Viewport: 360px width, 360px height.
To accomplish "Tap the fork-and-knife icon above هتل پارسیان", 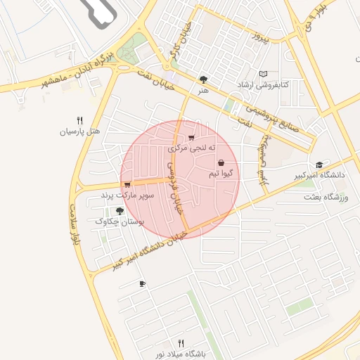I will tap(79, 120).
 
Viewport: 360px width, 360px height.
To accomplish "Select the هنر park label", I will tap(203, 90).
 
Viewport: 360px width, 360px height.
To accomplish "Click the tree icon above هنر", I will tap(203, 79).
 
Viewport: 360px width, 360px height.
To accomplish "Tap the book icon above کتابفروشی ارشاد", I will tap(263, 73).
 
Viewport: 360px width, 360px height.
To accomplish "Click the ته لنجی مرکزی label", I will tap(191, 149).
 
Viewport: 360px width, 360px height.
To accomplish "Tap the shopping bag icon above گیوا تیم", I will tap(221, 162).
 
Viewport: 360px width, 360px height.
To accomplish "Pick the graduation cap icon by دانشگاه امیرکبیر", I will tap(320, 164).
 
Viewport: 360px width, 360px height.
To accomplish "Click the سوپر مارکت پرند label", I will tap(127, 194).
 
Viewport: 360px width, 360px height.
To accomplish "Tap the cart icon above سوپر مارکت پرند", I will tap(127, 184).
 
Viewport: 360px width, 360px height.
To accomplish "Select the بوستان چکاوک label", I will tap(119, 221).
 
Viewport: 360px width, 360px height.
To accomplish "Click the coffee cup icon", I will tap(143, 283).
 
